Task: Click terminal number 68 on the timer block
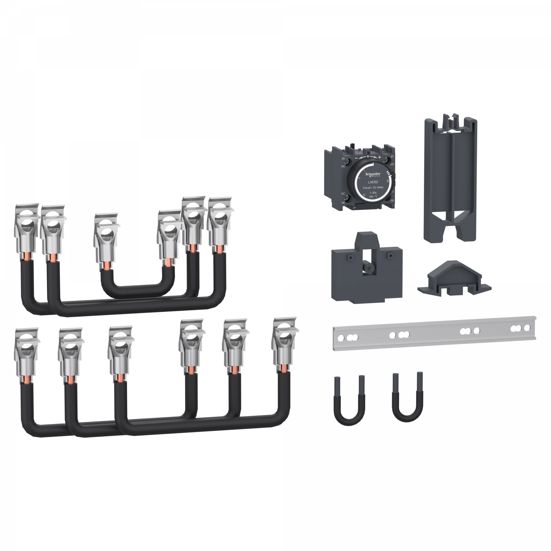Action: tap(393, 200)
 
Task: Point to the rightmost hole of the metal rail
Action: tap(528, 327)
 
